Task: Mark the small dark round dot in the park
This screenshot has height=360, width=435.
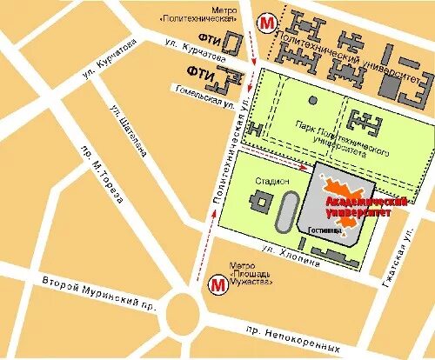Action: (x=312, y=100)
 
